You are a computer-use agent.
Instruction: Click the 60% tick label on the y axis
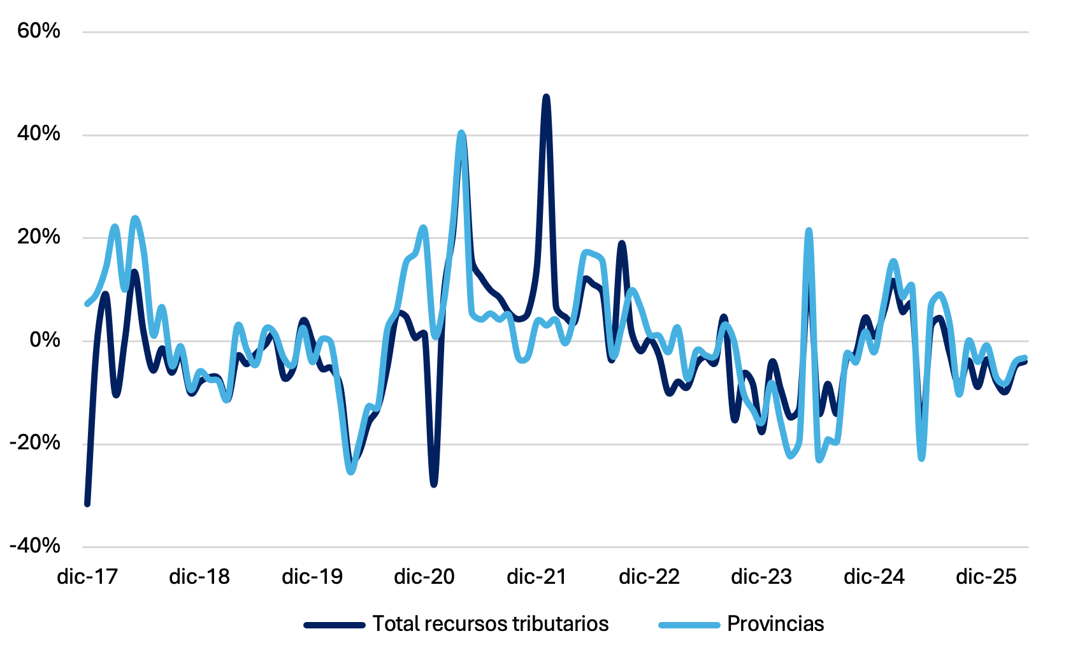tap(39, 31)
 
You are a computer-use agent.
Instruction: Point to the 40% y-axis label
tap(39, 134)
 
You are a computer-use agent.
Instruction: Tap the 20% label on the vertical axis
tap(39, 237)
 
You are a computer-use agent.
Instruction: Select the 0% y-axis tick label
tap(45, 340)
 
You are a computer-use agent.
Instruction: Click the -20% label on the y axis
tap(34, 443)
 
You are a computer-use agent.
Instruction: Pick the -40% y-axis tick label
tap(34, 546)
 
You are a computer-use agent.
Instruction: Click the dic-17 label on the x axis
tap(87, 577)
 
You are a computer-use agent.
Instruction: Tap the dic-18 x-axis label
tap(199, 577)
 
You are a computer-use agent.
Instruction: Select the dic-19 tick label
tap(312, 577)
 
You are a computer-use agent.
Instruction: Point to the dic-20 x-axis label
tap(424, 577)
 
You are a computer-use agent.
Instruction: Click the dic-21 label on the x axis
tap(536, 577)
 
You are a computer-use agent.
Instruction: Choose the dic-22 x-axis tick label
tap(649, 577)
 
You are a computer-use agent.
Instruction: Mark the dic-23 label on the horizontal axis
tap(762, 577)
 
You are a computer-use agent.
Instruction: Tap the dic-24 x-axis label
tap(874, 577)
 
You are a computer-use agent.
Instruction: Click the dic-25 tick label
tap(986, 577)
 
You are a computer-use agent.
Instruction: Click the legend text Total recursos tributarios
tap(491, 624)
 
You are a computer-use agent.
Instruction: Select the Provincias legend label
tap(776, 624)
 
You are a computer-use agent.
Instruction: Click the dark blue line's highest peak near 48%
tap(546, 96)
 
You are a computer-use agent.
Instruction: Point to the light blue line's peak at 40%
tap(461, 133)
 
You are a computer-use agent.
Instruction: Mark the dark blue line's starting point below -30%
tap(87, 504)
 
